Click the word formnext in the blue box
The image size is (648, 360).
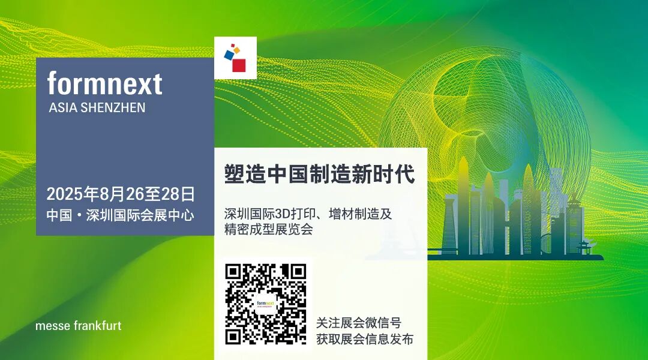click(105, 83)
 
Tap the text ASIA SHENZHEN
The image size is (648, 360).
click(97, 109)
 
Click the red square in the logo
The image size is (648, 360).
click(239, 65)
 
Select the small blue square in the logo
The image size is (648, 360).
click(229, 55)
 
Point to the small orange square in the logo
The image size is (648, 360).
click(236, 49)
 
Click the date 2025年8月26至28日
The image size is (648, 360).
click(121, 194)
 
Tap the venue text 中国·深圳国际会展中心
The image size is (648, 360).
click(121, 215)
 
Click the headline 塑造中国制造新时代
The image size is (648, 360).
click(319, 175)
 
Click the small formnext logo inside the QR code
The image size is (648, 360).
click(265, 304)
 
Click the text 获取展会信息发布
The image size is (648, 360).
click(365, 340)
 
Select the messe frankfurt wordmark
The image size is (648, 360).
click(79, 326)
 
